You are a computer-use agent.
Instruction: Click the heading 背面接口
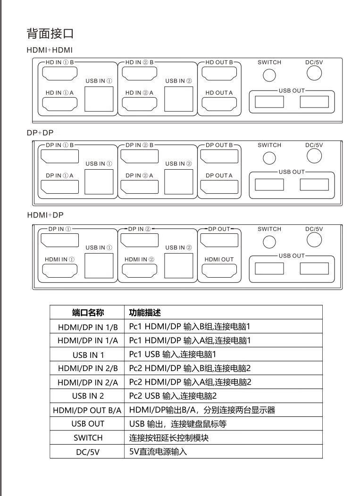click(x=50, y=34)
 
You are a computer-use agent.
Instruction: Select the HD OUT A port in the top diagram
click(x=219, y=104)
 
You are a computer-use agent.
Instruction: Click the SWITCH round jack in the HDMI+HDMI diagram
click(x=269, y=74)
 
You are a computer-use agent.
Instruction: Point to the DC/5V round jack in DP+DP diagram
click(x=314, y=155)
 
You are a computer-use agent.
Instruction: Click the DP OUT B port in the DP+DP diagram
click(x=219, y=156)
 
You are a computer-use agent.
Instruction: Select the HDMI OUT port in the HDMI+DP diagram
click(x=219, y=271)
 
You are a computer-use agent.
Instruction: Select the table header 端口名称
click(x=87, y=313)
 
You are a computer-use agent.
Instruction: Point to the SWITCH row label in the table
click(x=87, y=438)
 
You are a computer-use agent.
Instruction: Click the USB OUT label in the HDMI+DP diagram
click(x=292, y=256)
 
